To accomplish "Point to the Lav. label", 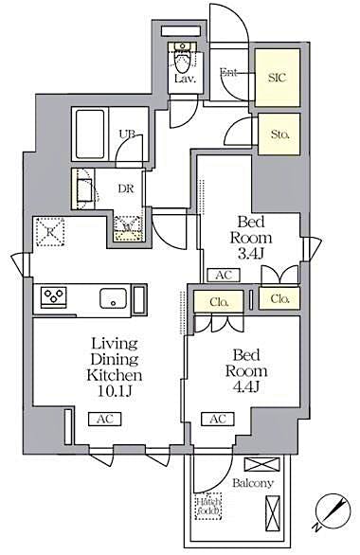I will pos(183,81).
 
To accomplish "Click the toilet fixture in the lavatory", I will pos(182,57).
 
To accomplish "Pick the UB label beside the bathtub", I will pos(126,134).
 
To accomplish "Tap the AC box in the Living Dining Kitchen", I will pos(103,418).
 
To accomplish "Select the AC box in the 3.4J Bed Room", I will pos(224,276).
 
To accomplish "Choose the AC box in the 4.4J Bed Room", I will pos(217,418).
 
